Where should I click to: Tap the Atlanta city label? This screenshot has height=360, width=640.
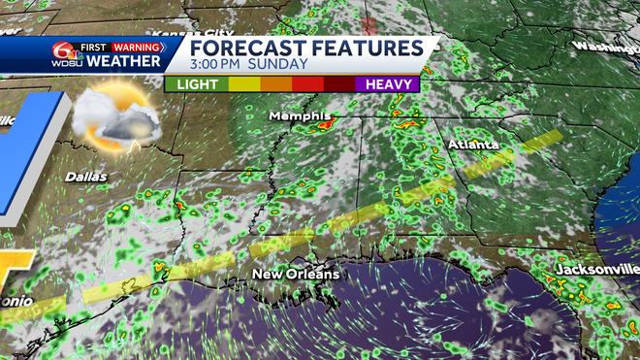tap(473, 145)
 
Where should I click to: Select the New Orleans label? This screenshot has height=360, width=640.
tap(296, 275)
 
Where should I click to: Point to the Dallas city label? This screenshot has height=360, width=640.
tap(85, 178)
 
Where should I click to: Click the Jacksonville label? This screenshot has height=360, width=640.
tap(595, 267)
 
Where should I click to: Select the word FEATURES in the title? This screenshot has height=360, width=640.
tap(365, 49)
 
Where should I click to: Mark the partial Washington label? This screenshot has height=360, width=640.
tap(605, 47)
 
